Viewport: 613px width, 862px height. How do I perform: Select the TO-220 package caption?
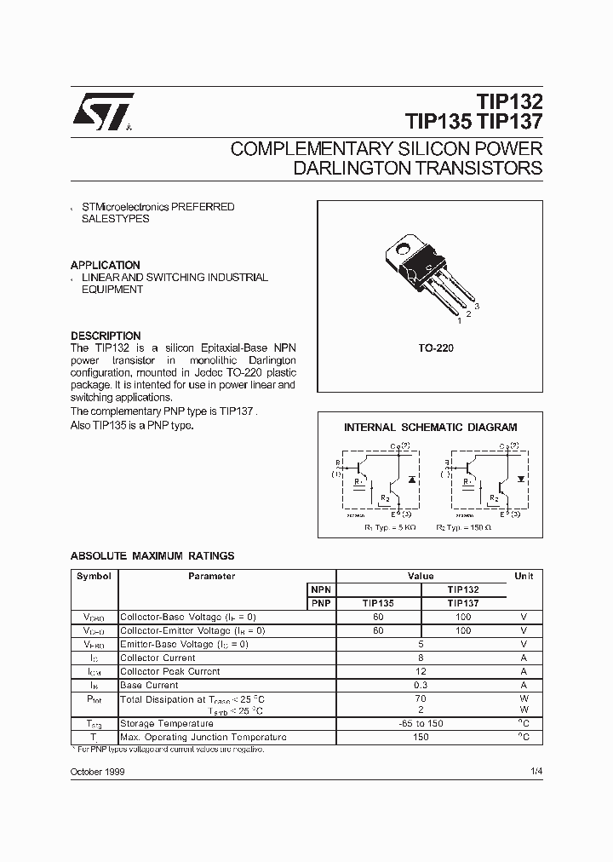[x=429, y=349]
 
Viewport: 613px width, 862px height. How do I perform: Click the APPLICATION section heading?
[x=105, y=265]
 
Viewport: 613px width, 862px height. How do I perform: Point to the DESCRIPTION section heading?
[x=105, y=336]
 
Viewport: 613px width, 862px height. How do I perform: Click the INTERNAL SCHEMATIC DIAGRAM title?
[x=430, y=428]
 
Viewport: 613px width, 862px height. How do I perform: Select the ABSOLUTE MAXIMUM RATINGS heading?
[x=152, y=556]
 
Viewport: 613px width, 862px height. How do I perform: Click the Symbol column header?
[x=94, y=577]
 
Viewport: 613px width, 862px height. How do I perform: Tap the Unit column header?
[x=524, y=577]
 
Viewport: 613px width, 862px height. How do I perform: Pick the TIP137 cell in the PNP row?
[x=462, y=603]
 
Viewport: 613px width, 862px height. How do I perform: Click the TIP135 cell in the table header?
[x=378, y=603]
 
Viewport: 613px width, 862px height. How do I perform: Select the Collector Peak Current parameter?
[x=169, y=671]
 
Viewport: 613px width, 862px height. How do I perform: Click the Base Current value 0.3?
[x=421, y=685]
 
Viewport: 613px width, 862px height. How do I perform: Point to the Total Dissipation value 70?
[x=421, y=698]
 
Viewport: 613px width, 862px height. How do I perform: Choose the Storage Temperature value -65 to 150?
[x=421, y=724]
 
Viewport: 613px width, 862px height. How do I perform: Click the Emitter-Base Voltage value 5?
[x=421, y=644]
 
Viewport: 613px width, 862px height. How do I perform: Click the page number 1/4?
[x=534, y=772]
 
